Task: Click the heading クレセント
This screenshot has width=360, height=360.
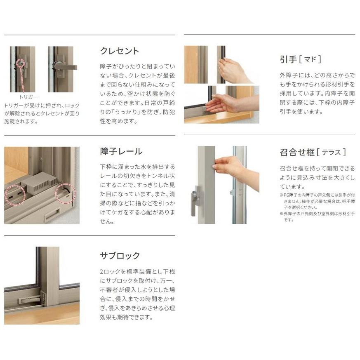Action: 120,51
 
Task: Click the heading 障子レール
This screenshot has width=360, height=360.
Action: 121,151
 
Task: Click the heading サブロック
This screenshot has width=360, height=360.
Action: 120,256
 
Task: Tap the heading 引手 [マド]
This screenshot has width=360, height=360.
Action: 300,59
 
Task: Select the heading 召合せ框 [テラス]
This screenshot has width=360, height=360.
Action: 313,152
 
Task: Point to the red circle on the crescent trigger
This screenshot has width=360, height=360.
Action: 20,63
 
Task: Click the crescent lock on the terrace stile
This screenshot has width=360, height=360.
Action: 196,200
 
